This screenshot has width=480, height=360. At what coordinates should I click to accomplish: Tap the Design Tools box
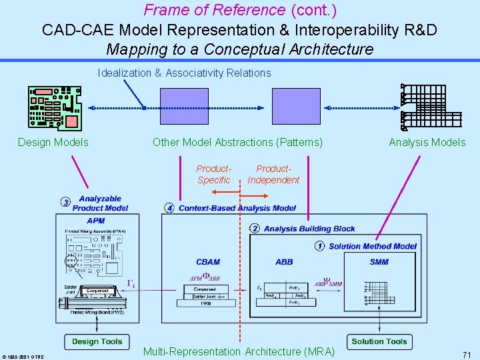(97, 341)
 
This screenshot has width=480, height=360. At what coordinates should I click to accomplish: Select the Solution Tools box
(379, 341)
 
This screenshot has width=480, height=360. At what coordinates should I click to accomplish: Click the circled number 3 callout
(65, 203)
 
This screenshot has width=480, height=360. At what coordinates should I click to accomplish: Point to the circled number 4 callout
(170, 208)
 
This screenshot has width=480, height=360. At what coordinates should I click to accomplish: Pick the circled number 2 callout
(255, 229)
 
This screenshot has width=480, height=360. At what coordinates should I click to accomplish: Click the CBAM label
(208, 262)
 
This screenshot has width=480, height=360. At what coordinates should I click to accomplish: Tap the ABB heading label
(284, 262)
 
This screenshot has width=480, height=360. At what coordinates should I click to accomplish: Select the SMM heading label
(379, 262)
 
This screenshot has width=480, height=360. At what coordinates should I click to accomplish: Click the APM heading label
(96, 221)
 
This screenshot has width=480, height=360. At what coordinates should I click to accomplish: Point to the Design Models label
(53, 142)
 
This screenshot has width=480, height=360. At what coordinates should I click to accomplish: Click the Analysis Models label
(427, 142)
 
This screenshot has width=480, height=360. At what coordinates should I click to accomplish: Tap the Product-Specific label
(214, 175)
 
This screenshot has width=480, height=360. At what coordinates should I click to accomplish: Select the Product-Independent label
(273, 175)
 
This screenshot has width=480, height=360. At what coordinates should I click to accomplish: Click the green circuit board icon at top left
(55, 107)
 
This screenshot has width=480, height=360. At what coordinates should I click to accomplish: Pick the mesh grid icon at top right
(431, 107)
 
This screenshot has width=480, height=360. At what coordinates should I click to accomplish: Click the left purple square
(184, 107)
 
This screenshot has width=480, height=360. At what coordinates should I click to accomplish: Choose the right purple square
(296, 107)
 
